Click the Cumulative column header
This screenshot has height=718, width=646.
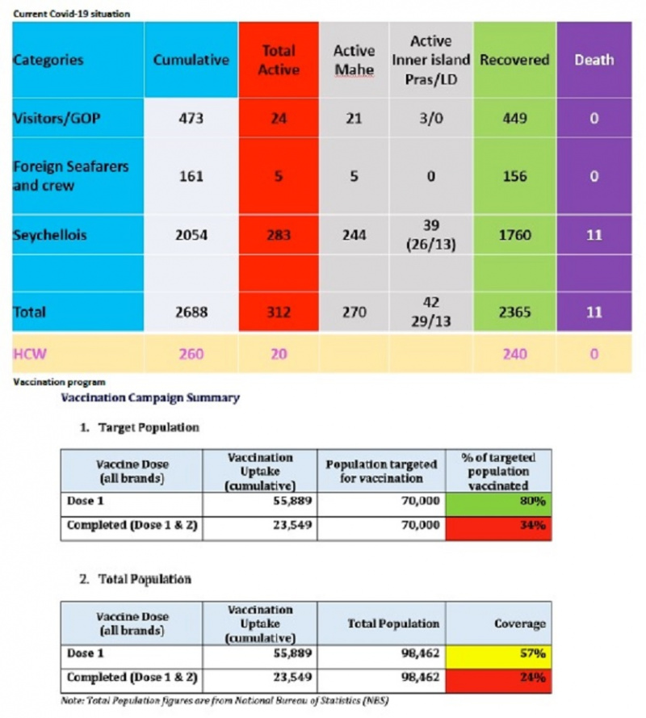[191, 60]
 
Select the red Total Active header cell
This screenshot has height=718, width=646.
[279, 60]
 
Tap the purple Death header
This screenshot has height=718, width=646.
[594, 60]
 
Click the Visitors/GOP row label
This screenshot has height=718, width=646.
[57, 119]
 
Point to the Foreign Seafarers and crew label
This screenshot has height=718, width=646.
[71, 176]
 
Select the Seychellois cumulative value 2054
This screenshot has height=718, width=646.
[191, 235]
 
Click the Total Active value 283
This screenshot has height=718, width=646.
[279, 235]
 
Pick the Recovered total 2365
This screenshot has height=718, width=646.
[514, 313]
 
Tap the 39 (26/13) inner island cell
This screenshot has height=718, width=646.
[431, 235]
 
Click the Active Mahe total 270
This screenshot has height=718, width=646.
[354, 313]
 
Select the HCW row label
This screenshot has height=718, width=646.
[30, 354]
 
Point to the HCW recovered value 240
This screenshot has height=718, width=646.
[514, 354]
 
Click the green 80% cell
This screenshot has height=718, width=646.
[498, 505]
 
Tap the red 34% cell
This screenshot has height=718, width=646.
[498, 529]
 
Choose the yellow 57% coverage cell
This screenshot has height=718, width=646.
[498, 657]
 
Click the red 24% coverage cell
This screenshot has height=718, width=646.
[498, 681]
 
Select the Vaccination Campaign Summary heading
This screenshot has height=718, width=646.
[150, 398]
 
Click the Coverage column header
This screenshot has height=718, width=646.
[520, 624]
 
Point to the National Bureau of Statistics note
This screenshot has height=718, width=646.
[224, 700]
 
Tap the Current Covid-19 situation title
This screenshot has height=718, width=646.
[71, 14]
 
